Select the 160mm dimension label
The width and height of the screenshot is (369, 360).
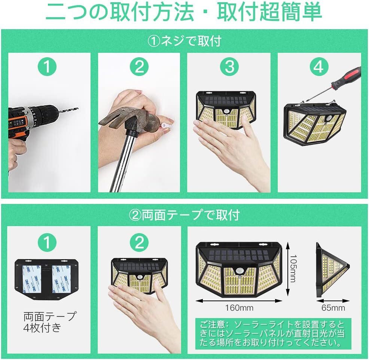pos(239,308)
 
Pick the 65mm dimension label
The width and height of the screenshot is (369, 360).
pos(333,308)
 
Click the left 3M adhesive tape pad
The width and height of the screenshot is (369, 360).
pos(32,279)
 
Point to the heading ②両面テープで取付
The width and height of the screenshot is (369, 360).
pos(184,215)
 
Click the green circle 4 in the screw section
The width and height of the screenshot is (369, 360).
pos(319,67)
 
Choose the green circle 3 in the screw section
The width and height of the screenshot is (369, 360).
pos(229,67)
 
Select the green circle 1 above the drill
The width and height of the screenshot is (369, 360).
pos(47,67)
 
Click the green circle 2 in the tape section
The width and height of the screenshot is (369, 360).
pos(139,242)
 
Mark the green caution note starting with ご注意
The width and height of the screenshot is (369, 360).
pos(273,334)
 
